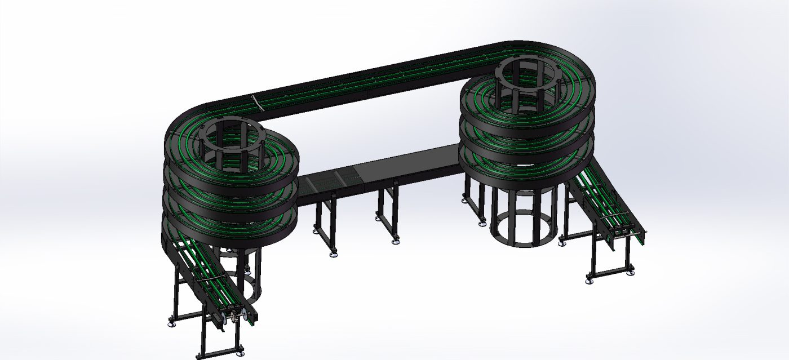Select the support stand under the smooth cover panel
389,214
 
